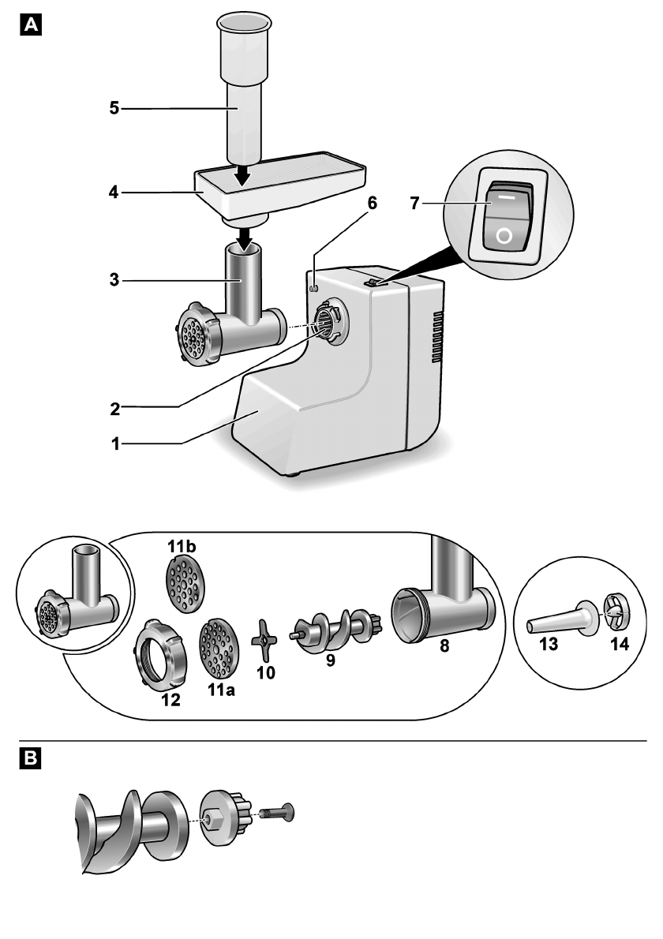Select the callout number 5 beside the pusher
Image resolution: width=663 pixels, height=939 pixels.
tap(115, 108)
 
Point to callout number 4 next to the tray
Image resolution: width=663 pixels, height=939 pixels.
tap(115, 192)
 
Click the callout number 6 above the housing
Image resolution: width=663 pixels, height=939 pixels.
tap(371, 204)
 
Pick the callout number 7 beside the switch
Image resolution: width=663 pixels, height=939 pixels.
tap(415, 204)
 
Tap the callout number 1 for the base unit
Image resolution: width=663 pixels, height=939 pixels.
tap(115, 444)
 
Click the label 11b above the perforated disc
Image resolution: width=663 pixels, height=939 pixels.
tap(181, 546)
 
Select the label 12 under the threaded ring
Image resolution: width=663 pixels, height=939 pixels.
tap(170, 699)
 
